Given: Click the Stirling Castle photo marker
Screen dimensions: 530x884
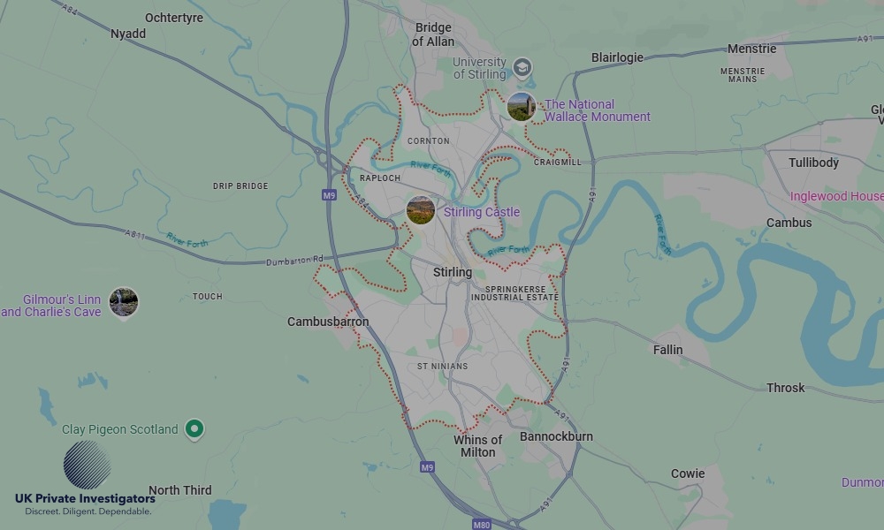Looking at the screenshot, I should tap(421, 210).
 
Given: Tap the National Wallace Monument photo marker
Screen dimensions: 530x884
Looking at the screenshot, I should tap(521, 107).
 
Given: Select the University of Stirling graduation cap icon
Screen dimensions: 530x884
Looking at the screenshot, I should tap(522, 67).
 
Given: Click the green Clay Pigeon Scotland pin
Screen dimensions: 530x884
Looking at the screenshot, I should tap(195, 429).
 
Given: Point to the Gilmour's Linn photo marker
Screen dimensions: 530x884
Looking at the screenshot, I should tap(123, 302).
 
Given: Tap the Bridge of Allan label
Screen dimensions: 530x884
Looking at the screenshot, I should tap(434, 34).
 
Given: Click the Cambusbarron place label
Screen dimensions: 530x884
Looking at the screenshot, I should tap(328, 322).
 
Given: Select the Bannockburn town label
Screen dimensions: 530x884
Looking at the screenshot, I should tap(556, 436).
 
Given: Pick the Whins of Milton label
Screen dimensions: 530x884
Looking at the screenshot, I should tap(478, 446).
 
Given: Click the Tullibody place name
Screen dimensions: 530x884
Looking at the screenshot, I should tap(813, 163).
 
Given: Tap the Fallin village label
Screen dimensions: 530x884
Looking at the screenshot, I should tap(667, 350).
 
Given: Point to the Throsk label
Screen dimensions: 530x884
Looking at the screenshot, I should tap(785, 388).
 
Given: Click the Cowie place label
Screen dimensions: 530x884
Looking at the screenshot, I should tap(687, 473).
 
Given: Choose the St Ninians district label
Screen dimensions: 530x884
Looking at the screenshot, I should tap(443, 366).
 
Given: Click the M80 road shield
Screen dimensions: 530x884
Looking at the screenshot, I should tap(481, 525).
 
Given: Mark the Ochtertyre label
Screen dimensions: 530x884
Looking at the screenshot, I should tap(174, 18).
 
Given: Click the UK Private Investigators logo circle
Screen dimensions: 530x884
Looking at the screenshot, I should tap(87, 465).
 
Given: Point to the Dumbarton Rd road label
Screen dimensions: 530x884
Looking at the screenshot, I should tap(294, 261).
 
